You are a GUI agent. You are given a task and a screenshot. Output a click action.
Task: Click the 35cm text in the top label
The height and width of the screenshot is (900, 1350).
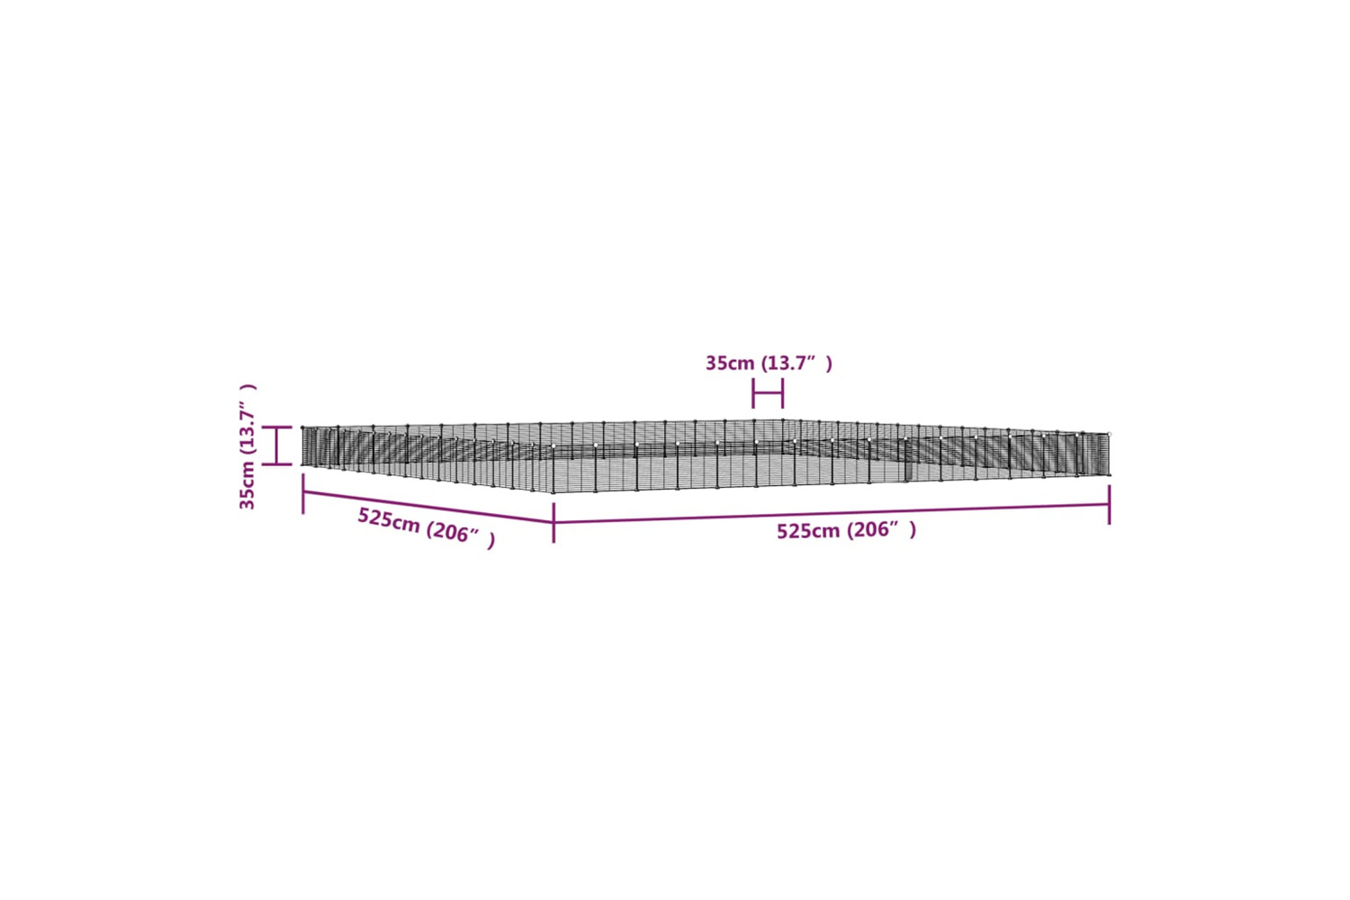(x=730, y=364)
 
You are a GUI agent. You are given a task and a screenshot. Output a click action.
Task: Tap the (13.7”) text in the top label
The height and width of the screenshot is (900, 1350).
(x=796, y=364)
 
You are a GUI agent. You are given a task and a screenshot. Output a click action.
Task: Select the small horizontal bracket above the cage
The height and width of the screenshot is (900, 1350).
(x=768, y=393)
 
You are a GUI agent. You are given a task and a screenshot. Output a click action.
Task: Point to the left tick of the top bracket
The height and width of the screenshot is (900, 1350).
(x=752, y=393)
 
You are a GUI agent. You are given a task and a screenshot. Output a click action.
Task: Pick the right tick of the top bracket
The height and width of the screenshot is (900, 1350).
(x=782, y=393)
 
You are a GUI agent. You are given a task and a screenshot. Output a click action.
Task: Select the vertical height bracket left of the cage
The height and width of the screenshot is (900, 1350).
(x=276, y=445)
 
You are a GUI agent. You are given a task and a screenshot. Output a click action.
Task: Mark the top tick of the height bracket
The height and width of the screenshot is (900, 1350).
(x=276, y=427)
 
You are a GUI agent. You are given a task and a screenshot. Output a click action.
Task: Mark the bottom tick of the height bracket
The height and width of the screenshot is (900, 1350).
(x=276, y=464)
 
